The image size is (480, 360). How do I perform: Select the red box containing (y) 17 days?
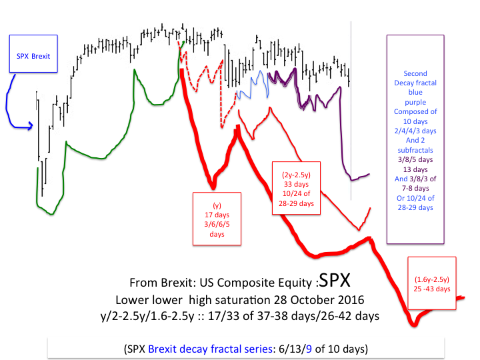click(x=217, y=219)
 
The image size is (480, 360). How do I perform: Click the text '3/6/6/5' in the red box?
click(x=217, y=225)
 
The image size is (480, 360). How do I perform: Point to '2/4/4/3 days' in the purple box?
click(x=416, y=132)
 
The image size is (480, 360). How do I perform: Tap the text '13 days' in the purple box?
click(x=416, y=170)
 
